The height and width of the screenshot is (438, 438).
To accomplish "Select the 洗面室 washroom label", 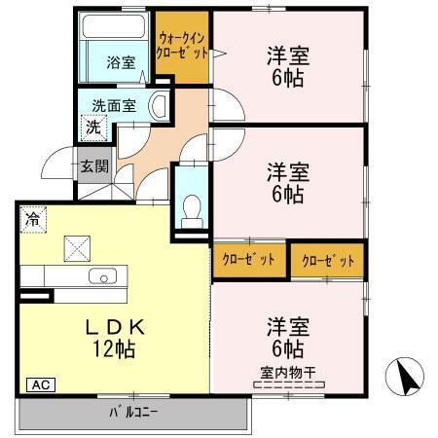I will pos(114,104).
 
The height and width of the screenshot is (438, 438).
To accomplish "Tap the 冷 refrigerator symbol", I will pos(33,220).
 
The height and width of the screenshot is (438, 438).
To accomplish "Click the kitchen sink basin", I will pos(102,276).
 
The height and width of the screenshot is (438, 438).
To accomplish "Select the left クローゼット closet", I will pos(249,259).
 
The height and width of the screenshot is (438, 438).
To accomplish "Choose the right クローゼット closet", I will pos(328,260).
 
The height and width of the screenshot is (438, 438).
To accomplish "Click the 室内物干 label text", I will pos(288,371).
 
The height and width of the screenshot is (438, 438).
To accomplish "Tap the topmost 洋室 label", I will pos(289,55).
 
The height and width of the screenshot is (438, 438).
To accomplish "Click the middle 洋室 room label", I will pos(289,172).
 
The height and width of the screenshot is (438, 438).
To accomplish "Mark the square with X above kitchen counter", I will pos(76,248).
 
